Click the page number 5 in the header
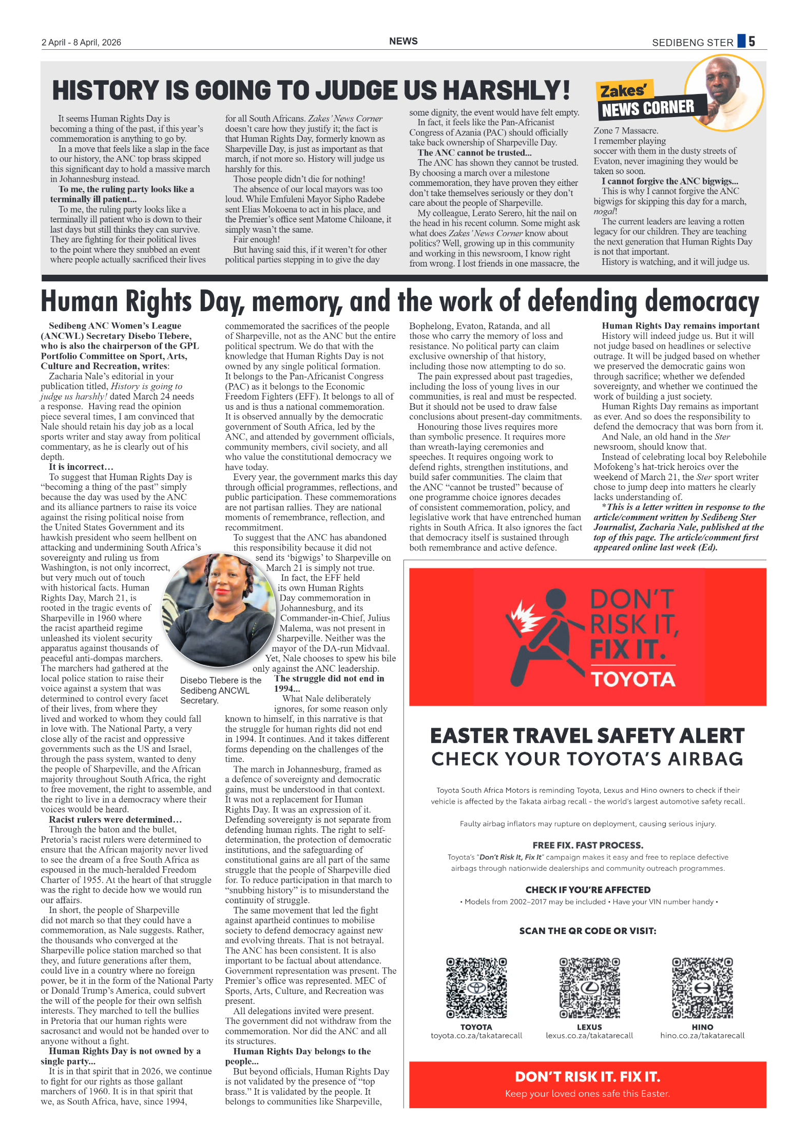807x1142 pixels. [752, 41]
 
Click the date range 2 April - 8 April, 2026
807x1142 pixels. [81, 42]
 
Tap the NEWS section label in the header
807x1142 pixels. [403, 41]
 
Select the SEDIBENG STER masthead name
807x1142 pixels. [692, 43]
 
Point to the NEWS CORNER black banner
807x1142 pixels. [648, 108]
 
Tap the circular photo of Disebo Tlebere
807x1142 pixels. [219, 610]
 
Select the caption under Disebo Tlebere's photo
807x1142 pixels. [220, 690]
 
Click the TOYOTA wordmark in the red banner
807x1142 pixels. [633, 679]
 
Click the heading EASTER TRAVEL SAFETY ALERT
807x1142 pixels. [587, 736]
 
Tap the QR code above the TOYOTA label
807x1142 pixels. [476, 987]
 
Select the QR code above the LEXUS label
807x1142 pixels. [589, 987]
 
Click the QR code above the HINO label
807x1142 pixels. [702, 987]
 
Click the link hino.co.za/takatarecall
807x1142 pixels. [702, 1035]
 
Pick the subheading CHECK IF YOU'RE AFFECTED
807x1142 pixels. [588, 890]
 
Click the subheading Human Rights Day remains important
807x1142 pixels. [680, 326]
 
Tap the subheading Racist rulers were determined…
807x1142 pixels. [116, 819]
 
